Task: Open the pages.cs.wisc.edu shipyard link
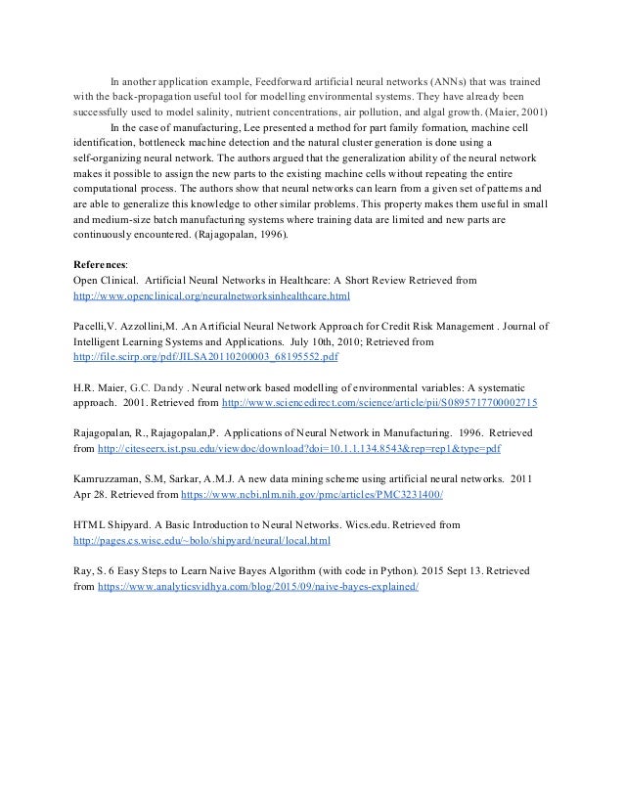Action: point(202,540)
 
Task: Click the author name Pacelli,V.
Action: point(96,328)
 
